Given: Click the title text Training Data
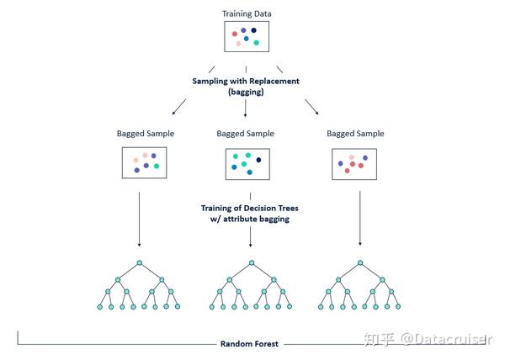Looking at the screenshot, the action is coord(247,13).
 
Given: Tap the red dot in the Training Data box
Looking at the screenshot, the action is coord(235,34).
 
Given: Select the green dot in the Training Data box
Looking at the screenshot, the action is coord(257,42).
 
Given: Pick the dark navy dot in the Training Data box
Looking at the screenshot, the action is coord(254,30).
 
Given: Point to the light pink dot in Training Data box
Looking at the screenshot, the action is coord(238,44).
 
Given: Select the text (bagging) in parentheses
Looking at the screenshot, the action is coord(246,92).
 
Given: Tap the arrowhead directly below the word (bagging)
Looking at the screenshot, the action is coord(246,115).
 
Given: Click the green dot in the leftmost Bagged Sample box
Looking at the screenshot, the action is coord(157,166).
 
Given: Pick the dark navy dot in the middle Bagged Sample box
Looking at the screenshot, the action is coord(258,160).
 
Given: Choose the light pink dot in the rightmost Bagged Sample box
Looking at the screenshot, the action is coord(352,157).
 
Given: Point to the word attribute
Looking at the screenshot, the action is coord(240,219).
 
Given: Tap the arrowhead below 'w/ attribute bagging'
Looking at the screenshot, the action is coord(250,245).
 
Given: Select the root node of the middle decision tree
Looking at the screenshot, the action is coord(252,262).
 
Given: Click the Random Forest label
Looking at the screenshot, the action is coord(249,344).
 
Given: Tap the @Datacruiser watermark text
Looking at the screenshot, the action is coord(446,340).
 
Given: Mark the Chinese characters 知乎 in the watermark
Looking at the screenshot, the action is coord(380,340).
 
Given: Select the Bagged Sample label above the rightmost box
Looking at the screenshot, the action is coord(355,134).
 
